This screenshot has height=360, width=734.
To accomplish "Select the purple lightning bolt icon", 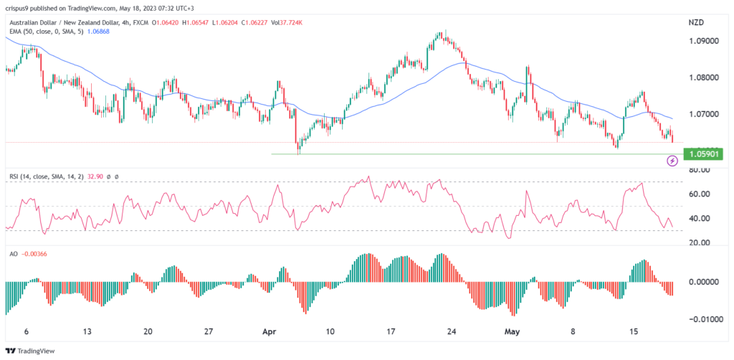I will tap(672, 161).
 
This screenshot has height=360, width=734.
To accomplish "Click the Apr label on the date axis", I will tap(270, 332).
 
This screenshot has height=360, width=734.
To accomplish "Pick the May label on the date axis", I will tap(511, 332).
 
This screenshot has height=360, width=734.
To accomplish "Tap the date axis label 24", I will tap(452, 332).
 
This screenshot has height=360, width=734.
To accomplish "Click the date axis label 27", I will tap(208, 332).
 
